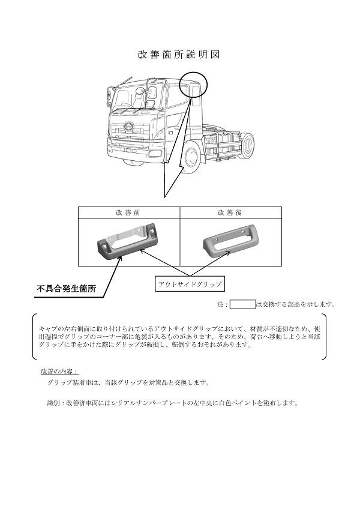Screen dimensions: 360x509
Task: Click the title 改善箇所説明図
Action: [x=179, y=55]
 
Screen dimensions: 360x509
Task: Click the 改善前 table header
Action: [x=128, y=212]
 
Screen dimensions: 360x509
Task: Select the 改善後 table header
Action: [x=230, y=212]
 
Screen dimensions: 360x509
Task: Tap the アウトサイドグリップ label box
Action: [x=190, y=284]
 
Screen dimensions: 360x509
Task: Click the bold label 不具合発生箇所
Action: [x=67, y=289]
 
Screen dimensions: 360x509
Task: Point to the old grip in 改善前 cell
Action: [x=127, y=241]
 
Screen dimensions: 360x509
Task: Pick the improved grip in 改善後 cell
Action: [x=231, y=242]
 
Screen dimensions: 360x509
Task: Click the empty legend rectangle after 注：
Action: [x=242, y=304]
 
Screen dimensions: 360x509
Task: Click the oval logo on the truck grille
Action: [x=128, y=125]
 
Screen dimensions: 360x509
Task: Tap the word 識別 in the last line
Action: [x=53, y=403]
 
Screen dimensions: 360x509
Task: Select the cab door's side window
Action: [x=178, y=95]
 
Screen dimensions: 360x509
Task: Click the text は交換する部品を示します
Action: [x=296, y=304]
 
